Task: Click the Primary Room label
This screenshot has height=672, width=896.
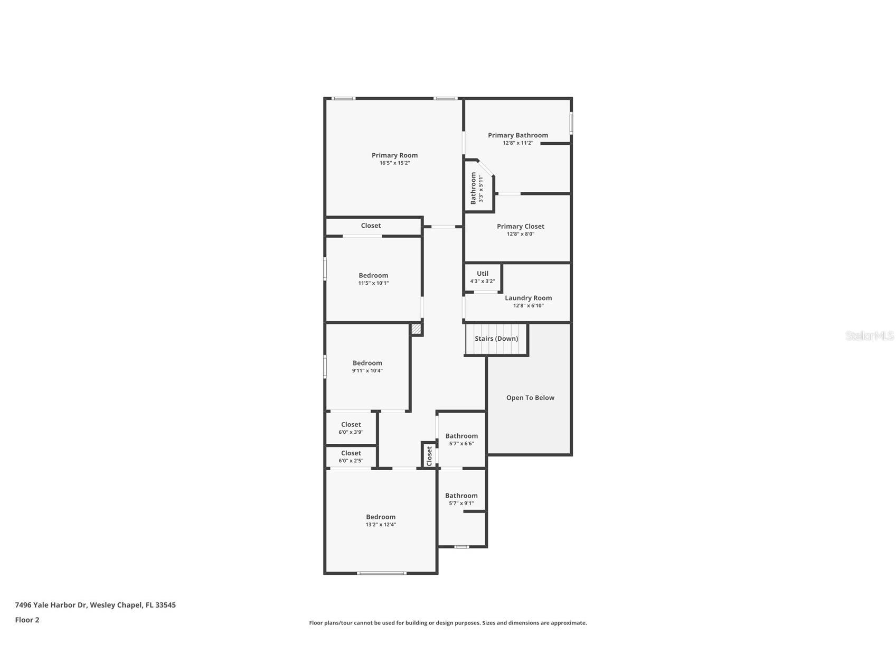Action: point(394,155)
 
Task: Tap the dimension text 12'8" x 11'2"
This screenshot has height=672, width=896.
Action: point(517,143)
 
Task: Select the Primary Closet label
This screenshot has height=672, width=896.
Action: point(520,227)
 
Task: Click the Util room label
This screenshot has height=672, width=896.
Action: point(483,274)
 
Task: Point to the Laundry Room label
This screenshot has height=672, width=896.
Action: point(528,298)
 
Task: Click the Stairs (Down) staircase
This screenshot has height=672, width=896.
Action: point(496,339)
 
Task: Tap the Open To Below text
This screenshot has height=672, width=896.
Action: point(530,398)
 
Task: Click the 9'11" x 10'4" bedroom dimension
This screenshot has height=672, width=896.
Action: point(367,371)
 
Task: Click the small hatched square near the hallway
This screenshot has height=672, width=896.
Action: point(416,329)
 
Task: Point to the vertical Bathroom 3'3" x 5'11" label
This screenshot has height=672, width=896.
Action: point(476,188)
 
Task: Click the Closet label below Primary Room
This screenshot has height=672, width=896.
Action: point(371,226)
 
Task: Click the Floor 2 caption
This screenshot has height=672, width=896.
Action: point(27,620)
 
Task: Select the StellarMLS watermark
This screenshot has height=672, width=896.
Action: point(869,336)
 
